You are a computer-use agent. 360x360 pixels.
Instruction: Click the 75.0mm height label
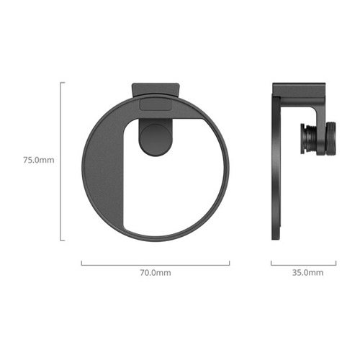pos(39,160)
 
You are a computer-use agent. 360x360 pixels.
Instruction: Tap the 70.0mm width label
pos(156,273)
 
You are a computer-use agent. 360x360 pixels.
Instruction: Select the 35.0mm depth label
pos(307,273)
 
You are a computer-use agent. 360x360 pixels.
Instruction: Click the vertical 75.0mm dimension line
pos(60,161)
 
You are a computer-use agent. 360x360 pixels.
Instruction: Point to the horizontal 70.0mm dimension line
pos(156,265)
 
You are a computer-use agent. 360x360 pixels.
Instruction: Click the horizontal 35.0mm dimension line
pos(304,265)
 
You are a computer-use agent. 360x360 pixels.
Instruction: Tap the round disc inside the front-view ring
pos(156,140)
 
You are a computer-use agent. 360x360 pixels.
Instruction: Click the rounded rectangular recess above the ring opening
pos(156,104)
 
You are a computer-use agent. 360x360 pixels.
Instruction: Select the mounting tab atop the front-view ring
pos(156,90)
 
